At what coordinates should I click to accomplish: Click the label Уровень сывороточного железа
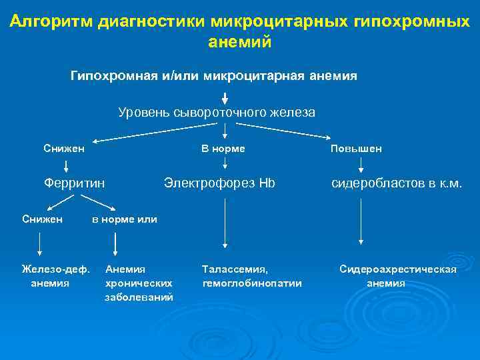point(217,113)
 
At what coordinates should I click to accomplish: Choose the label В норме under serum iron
point(223,148)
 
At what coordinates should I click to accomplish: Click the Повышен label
point(356,149)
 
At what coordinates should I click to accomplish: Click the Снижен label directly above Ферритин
point(64,148)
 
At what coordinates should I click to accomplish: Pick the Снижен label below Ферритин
point(42,219)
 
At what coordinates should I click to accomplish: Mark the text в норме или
point(125,219)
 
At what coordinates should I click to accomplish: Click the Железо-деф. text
point(55,269)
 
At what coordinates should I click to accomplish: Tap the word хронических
point(139,283)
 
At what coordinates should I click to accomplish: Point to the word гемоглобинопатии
point(251,283)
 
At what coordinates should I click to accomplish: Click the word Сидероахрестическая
point(398,269)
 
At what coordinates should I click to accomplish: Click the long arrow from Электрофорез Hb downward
point(225,223)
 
